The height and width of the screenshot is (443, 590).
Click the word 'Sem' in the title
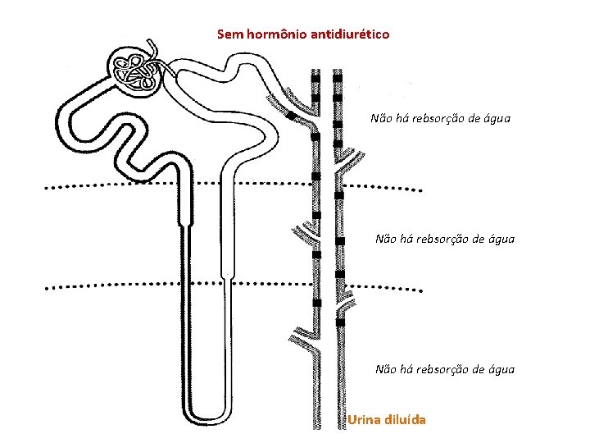pyautogui.click(x=229, y=34)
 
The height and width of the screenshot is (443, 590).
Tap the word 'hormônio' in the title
pyautogui.click(x=275, y=34)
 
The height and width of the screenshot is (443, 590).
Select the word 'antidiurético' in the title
pyautogui.click(x=350, y=34)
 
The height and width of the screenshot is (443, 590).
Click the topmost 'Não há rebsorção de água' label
pyautogui.click(x=440, y=118)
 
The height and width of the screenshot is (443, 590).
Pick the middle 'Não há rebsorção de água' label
pyautogui.click(x=444, y=239)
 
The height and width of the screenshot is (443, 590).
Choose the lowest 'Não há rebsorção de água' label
pyautogui.click(x=444, y=369)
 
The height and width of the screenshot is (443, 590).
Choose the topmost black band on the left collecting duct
pyautogui.click(x=315, y=75)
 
